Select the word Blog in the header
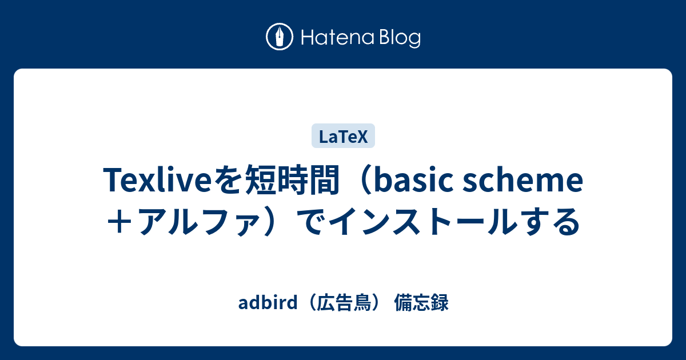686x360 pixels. pyautogui.click(x=398, y=38)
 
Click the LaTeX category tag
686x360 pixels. pyautogui.click(x=343, y=137)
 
